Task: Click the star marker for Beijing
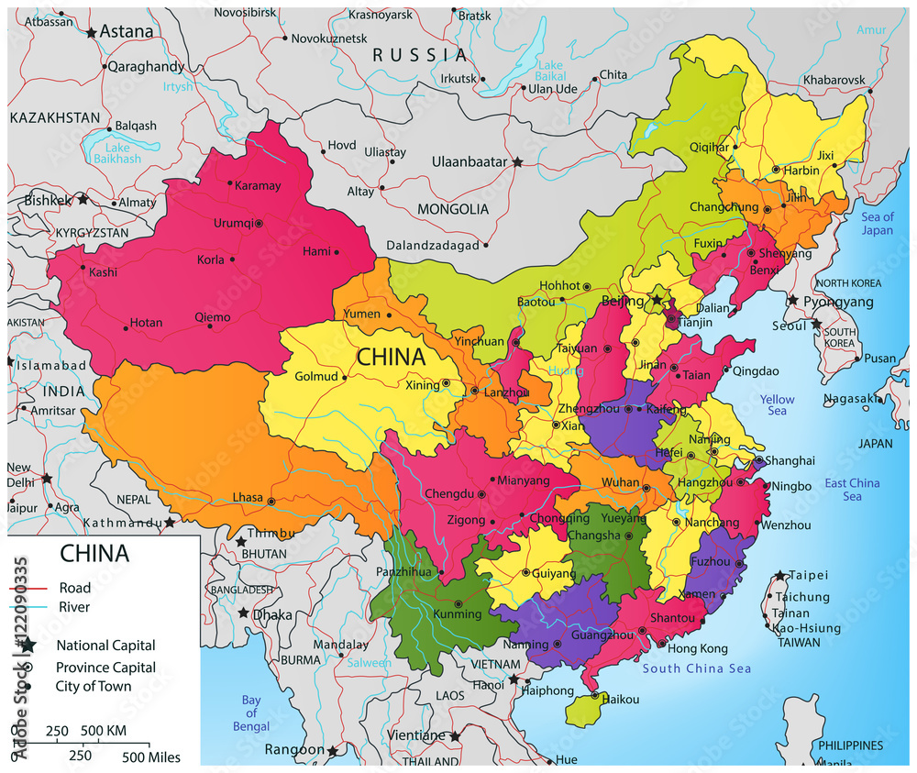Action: click(657, 300)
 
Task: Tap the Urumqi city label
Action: click(231, 223)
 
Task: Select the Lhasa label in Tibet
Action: click(248, 498)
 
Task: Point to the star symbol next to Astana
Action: click(91, 32)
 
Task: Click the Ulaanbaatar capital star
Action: click(518, 162)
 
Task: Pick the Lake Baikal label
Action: click(550, 72)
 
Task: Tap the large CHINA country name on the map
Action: click(391, 357)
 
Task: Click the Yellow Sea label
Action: click(778, 405)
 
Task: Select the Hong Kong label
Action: click(697, 648)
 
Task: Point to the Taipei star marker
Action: click(779, 575)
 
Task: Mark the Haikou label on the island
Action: click(622, 699)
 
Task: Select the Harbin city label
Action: click(801, 170)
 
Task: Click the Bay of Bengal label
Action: click(251, 713)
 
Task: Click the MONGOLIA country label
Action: click(453, 209)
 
